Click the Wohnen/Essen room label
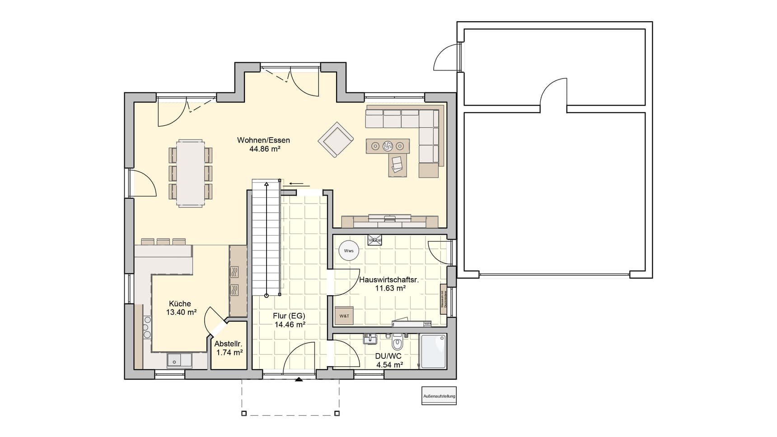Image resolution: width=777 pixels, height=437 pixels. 263,140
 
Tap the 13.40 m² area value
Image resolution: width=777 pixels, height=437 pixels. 181,312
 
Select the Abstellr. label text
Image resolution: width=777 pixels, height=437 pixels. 228,344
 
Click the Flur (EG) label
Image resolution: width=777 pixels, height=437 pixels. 289,316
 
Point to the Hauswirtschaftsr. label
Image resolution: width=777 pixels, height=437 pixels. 389,280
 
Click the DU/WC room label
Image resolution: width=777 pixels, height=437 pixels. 388,356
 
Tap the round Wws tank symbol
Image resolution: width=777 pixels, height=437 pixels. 349,251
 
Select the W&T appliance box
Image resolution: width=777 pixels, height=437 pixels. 344,316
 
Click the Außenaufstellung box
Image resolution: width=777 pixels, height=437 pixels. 439,396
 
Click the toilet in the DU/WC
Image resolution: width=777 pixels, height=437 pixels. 397,343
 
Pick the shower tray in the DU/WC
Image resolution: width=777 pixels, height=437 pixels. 433,351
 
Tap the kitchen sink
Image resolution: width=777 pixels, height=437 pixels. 179,360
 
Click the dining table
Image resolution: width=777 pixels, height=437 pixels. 190,173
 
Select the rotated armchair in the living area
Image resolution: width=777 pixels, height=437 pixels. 335,139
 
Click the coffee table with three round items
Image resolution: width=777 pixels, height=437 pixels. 388,146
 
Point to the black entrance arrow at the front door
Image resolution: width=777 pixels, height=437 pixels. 298,380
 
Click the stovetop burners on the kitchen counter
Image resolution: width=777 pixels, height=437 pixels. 147,327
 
